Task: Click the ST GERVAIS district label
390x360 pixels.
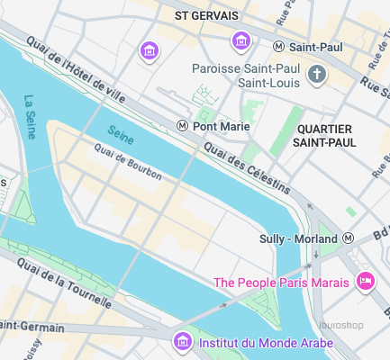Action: (x=206, y=15)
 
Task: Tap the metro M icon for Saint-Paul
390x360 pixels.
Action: (x=279, y=47)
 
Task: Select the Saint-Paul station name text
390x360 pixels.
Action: (x=314, y=47)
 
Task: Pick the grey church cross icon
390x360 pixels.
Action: (x=316, y=76)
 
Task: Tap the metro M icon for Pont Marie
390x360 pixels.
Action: (x=183, y=126)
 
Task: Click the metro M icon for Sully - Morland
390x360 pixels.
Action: (x=349, y=238)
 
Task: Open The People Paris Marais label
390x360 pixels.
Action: (x=280, y=283)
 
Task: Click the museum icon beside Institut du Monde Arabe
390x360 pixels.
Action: (x=182, y=342)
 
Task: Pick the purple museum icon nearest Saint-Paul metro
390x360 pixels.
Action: (x=240, y=40)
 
